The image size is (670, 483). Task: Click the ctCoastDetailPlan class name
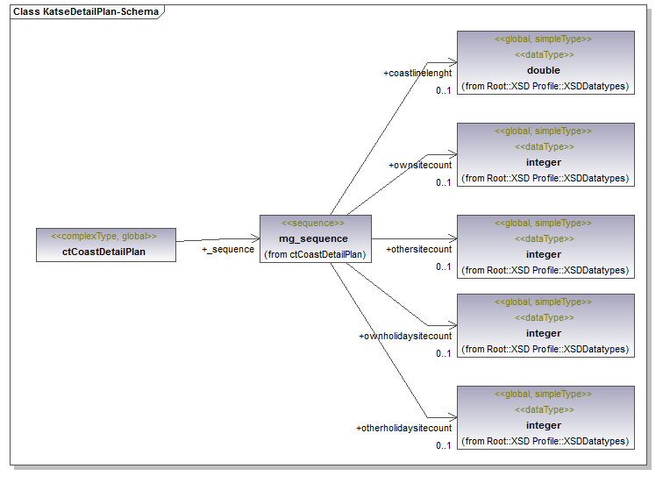pyautogui.click(x=103, y=252)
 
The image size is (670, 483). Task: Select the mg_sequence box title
pyautogui.click(x=313, y=238)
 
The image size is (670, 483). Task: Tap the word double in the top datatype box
pyautogui.click(x=544, y=70)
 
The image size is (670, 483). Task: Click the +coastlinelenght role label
pyautogui.click(x=417, y=73)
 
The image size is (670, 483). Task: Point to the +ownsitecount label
pyautogui.click(x=420, y=166)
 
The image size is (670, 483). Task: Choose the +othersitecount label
pyautogui.click(x=419, y=249)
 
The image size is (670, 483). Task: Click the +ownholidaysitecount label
pyautogui.click(x=405, y=336)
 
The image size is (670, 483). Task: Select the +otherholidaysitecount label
pyautogui.click(x=403, y=428)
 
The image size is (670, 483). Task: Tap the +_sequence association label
pyautogui.click(x=228, y=250)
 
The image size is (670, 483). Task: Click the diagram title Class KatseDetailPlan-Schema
pyautogui.click(x=86, y=11)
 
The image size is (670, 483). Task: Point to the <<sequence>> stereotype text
pyautogui.click(x=313, y=223)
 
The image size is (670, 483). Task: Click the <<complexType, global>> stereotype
pyautogui.click(x=103, y=236)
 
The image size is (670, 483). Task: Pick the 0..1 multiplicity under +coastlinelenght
pyautogui.click(x=444, y=90)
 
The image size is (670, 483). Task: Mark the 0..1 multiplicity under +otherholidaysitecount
pyautogui.click(x=444, y=445)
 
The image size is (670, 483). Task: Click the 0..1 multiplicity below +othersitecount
pyautogui.click(x=444, y=266)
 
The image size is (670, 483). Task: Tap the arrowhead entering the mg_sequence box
pyautogui.click(x=255, y=238)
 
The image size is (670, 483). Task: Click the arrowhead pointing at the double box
pyautogui.click(x=453, y=62)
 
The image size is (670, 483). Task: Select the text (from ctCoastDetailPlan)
pyautogui.click(x=315, y=254)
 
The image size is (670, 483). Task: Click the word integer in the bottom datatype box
pyautogui.click(x=544, y=425)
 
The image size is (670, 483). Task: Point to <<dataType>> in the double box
pyautogui.click(x=545, y=54)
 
